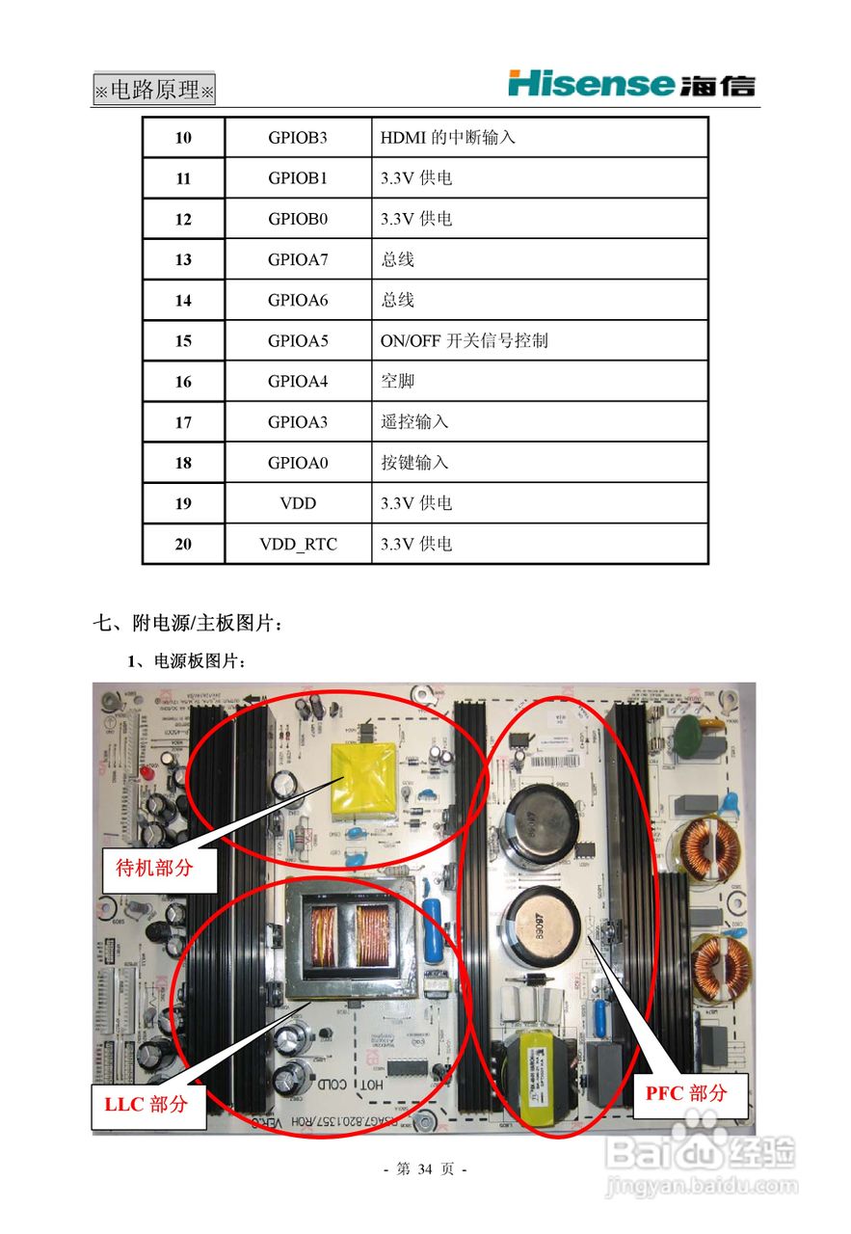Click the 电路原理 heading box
click(x=154, y=91)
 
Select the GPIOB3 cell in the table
click(x=298, y=138)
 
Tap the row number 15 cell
click(x=183, y=341)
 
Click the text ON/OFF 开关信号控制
click(x=464, y=341)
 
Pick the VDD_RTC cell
click(x=298, y=545)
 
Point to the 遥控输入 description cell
click(x=414, y=422)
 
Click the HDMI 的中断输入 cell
click(x=447, y=138)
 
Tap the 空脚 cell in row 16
click(x=397, y=382)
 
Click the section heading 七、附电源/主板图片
click(x=189, y=625)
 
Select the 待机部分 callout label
click(x=147, y=868)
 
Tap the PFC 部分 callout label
click(x=686, y=1093)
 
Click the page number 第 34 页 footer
click(x=425, y=1169)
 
